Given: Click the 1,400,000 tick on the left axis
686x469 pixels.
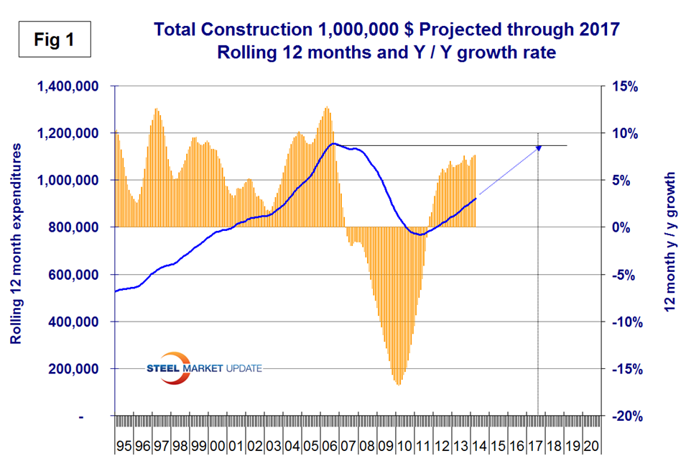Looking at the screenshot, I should [69, 86].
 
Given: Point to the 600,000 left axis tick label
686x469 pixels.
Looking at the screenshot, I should [75, 275].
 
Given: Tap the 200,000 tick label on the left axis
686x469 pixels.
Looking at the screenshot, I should [75, 369].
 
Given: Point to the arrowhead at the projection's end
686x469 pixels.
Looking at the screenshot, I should [539, 147].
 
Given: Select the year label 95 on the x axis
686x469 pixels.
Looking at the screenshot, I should [124, 446].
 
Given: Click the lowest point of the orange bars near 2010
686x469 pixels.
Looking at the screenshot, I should [398, 384].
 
